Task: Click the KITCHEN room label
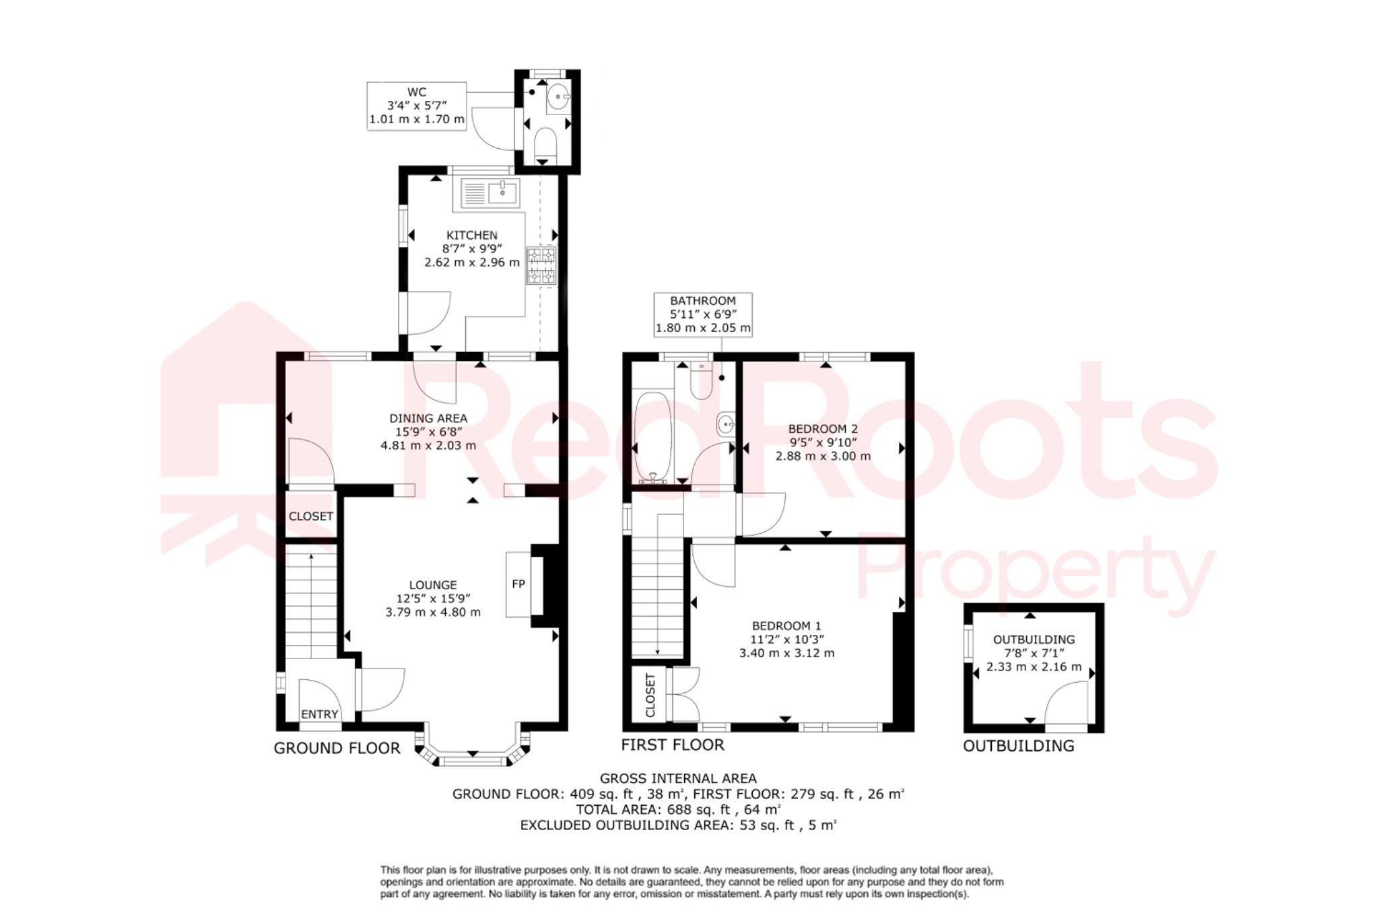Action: pyautogui.click(x=471, y=235)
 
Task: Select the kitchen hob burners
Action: pyautogui.click(x=541, y=265)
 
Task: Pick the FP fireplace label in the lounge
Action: pyautogui.click(x=518, y=584)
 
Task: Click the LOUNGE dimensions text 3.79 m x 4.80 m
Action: pyautogui.click(x=433, y=612)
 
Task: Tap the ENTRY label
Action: pyautogui.click(x=319, y=714)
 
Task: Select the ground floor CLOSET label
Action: pyautogui.click(x=310, y=516)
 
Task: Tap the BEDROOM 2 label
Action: pyautogui.click(x=823, y=429)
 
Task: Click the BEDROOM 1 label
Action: pyautogui.click(x=786, y=625)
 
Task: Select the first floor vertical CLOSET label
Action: pyautogui.click(x=650, y=695)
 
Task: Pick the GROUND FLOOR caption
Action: pyautogui.click(x=337, y=748)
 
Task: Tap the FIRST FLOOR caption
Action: pyautogui.click(x=672, y=745)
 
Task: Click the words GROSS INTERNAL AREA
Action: pyautogui.click(x=678, y=778)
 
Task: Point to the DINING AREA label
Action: pyautogui.click(x=428, y=418)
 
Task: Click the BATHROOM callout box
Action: pyautogui.click(x=703, y=314)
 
